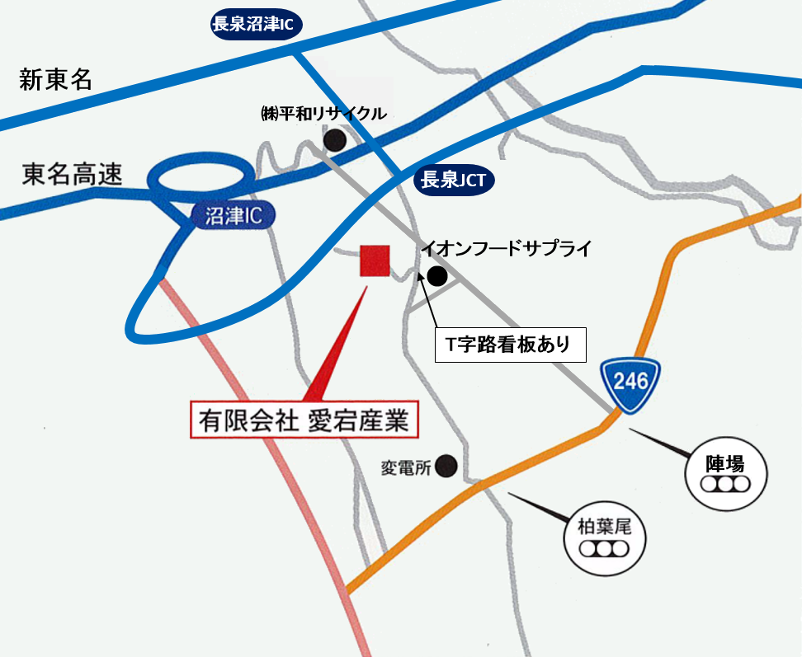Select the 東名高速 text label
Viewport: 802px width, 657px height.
pos(72,175)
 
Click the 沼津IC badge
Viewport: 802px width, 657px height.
pos(233,217)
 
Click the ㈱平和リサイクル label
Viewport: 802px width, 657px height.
pos(323,114)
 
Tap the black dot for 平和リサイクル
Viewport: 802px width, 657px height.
pos(335,140)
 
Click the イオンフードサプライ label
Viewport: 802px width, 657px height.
pos(506,248)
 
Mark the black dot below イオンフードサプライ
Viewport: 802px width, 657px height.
pos(436,276)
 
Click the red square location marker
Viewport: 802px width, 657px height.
pos(375,261)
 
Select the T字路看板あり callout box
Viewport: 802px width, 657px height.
pos(511,345)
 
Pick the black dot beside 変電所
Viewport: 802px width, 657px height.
pos(446,467)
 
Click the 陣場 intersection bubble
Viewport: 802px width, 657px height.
pos(727,473)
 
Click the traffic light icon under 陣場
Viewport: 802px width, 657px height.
pos(727,484)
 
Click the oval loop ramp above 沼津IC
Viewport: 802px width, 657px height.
pos(200,175)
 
